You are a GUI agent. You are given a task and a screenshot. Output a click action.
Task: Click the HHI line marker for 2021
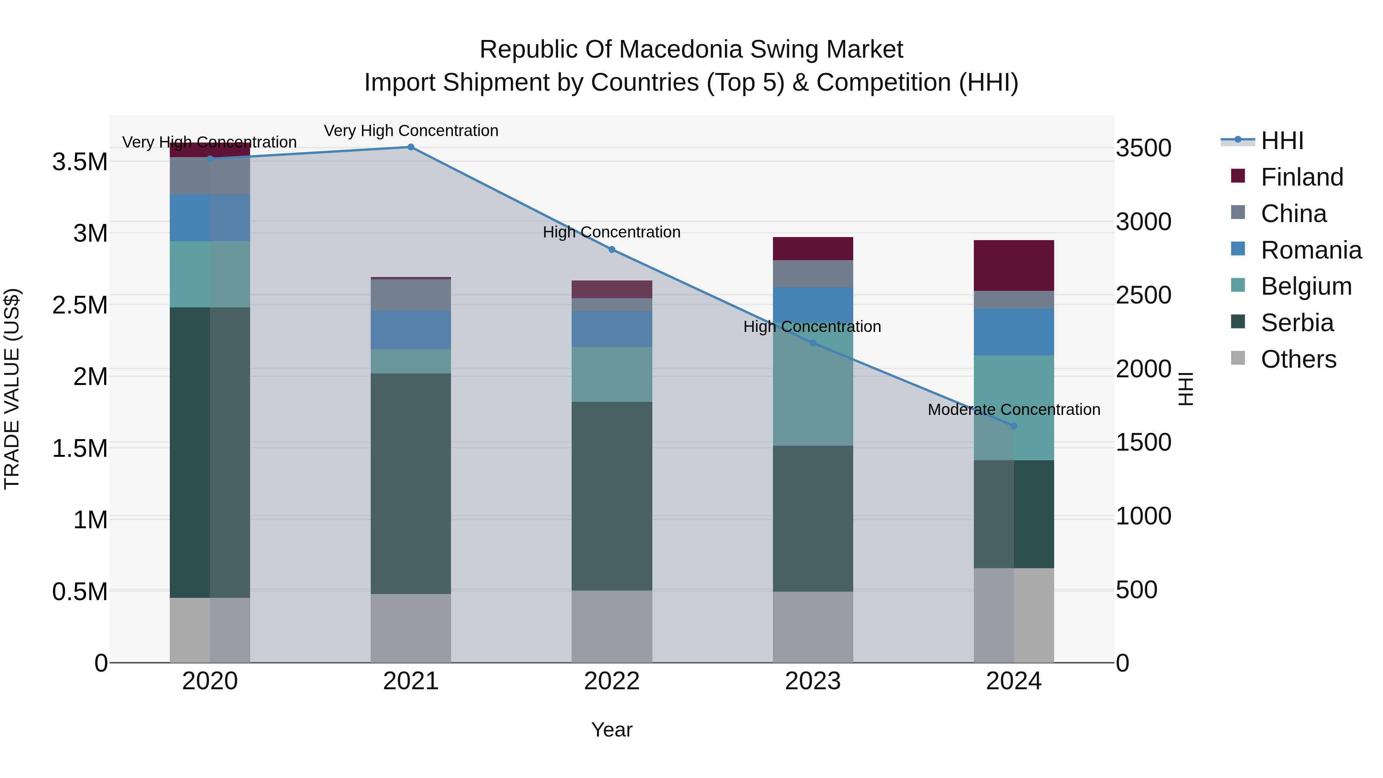pyautogui.click(x=411, y=147)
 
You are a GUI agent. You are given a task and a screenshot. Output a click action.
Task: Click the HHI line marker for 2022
pyautogui.click(x=612, y=250)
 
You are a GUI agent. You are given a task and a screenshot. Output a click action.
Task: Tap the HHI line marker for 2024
pyautogui.click(x=1014, y=426)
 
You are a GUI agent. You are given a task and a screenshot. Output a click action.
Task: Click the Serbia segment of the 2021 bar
pyautogui.click(x=411, y=483)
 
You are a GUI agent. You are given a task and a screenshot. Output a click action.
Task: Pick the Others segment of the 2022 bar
pyautogui.click(x=612, y=626)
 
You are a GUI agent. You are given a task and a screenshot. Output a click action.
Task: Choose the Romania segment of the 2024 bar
pyautogui.click(x=1014, y=332)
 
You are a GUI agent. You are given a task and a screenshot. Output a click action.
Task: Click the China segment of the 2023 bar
pyautogui.click(x=813, y=274)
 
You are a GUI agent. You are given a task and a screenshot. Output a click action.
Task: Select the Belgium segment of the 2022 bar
pyautogui.click(x=612, y=374)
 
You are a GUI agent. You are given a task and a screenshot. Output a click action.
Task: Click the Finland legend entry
pyautogui.click(x=1302, y=177)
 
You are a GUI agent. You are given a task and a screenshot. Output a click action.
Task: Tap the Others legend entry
pyautogui.click(x=1298, y=359)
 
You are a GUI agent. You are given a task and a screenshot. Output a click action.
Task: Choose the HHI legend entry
pyautogui.click(x=1282, y=141)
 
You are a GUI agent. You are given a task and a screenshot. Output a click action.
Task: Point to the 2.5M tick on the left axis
pyautogui.click(x=81, y=305)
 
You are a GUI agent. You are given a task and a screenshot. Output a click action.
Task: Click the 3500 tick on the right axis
pyautogui.click(x=1144, y=148)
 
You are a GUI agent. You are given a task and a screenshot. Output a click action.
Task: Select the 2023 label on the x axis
pyautogui.click(x=813, y=681)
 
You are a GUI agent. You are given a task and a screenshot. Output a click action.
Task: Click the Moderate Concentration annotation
pyautogui.click(x=1014, y=409)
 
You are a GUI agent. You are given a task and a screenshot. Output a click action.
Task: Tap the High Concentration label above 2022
pyautogui.click(x=612, y=232)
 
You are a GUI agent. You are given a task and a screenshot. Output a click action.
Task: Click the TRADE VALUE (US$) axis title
pyautogui.click(x=12, y=389)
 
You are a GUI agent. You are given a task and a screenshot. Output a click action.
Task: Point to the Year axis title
pyautogui.click(x=612, y=730)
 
